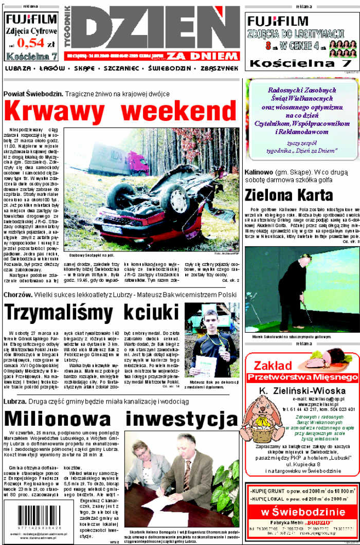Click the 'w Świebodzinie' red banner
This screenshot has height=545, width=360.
pyautogui.click(x=302, y=512)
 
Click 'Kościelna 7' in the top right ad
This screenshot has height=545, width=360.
pyautogui.click(x=300, y=63)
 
